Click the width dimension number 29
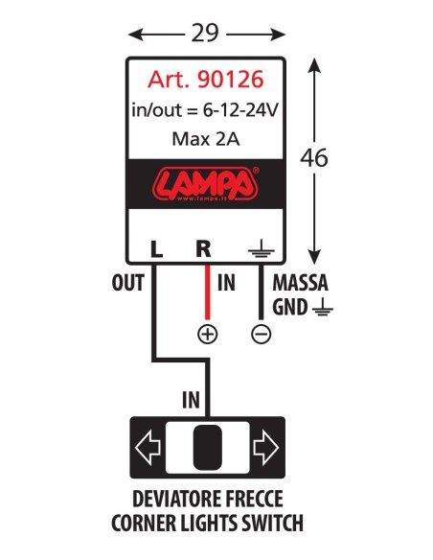click(206, 33)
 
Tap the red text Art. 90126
click(205, 81)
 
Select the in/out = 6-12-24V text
click(205, 110)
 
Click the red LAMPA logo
click(205, 182)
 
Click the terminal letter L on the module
click(156, 248)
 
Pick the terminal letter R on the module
click(202, 248)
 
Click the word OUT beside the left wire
click(126, 284)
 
